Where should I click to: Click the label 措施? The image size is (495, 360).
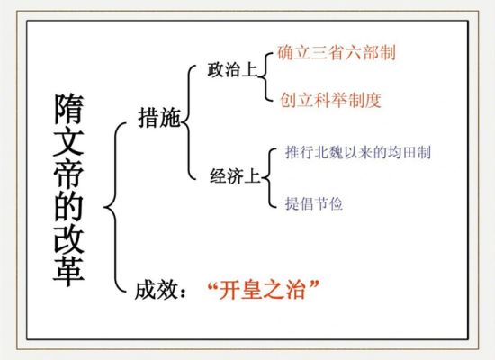(x=159, y=118)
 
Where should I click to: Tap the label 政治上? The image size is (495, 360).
(x=232, y=70)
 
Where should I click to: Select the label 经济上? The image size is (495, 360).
(x=235, y=175)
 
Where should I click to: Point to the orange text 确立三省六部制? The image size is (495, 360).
(x=337, y=52)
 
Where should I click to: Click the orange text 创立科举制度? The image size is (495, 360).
(x=331, y=100)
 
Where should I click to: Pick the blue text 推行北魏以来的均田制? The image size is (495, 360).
(x=358, y=152)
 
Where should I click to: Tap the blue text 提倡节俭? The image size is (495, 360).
(x=314, y=203)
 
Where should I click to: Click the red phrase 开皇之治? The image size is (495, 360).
(x=262, y=289)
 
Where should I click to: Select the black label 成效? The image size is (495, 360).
(x=156, y=289)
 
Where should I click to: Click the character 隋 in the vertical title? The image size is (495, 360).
(x=68, y=108)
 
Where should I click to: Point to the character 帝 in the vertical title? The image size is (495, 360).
(x=68, y=174)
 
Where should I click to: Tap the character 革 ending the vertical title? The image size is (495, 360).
(x=68, y=272)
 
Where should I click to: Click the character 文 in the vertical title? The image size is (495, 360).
(x=68, y=141)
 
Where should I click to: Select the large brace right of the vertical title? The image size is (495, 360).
(x=114, y=207)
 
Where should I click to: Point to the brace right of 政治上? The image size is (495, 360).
(x=265, y=77)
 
